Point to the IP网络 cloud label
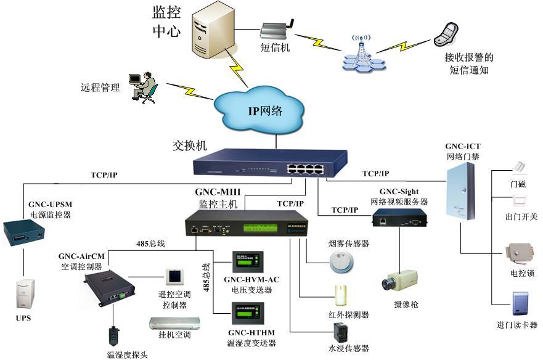click(x=265, y=111)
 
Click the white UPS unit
click(x=23, y=295)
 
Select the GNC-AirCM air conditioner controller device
click(x=109, y=286)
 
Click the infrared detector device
click(x=341, y=295)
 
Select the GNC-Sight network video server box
click(x=399, y=218)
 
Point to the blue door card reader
click(x=521, y=305)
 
